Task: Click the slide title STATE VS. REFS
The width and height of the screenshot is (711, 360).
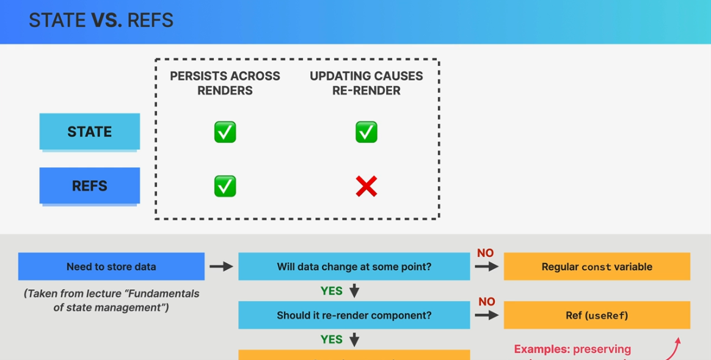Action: [x=101, y=21]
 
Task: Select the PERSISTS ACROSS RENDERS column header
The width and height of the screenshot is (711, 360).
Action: [x=225, y=83]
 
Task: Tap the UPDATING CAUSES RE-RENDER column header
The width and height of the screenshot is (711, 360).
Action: [x=366, y=83]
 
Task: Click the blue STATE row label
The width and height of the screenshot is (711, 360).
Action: [x=90, y=131]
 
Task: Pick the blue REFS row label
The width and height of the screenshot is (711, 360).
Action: [x=90, y=186]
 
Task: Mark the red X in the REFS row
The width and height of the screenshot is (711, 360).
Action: [x=366, y=186]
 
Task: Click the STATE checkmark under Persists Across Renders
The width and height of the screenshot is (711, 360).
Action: [x=225, y=132]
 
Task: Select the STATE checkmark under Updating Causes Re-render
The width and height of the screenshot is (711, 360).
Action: [x=366, y=132]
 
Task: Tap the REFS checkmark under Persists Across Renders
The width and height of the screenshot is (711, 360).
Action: [x=225, y=186]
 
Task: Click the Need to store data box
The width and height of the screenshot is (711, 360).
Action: [x=111, y=266]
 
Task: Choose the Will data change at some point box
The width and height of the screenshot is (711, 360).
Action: [x=354, y=266]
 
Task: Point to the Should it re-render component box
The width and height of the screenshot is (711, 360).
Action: [x=354, y=315]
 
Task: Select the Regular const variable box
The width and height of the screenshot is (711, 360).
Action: [x=597, y=266]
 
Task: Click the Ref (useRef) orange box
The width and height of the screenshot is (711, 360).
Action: [x=597, y=315]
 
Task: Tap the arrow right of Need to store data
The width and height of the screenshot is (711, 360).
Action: [x=221, y=266]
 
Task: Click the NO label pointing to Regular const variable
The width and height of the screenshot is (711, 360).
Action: [x=486, y=253]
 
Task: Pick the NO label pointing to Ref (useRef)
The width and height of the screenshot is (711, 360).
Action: [x=486, y=302]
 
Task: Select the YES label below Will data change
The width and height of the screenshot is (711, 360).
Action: [x=332, y=291]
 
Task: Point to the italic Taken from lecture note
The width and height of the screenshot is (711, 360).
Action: [x=111, y=300]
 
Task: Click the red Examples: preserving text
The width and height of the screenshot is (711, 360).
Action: [x=572, y=349]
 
